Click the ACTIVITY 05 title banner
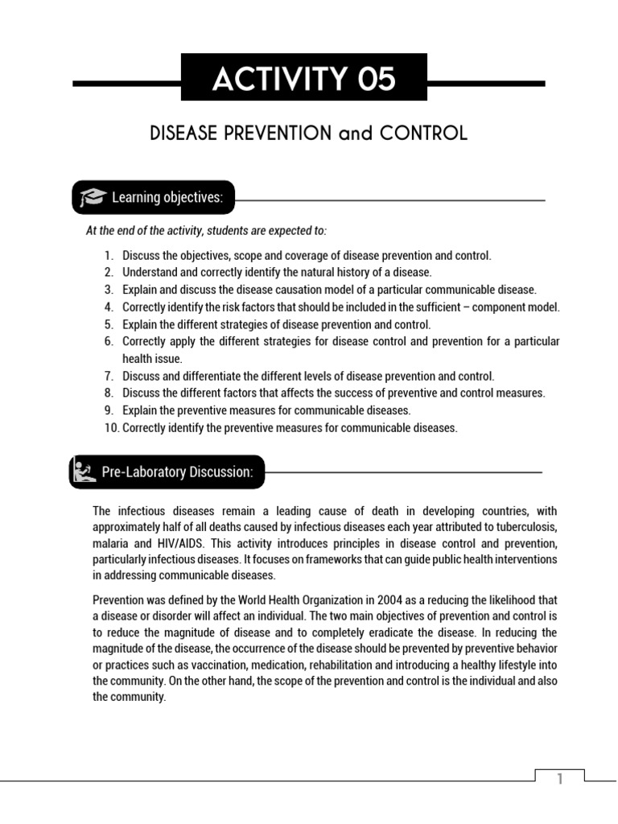(x=304, y=79)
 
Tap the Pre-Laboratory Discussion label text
(x=177, y=472)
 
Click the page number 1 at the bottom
(x=560, y=779)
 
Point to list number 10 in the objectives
(x=111, y=428)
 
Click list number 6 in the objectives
(x=108, y=341)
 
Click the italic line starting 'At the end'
(x=207, y=231)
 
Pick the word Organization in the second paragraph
(x=312, y=600)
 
